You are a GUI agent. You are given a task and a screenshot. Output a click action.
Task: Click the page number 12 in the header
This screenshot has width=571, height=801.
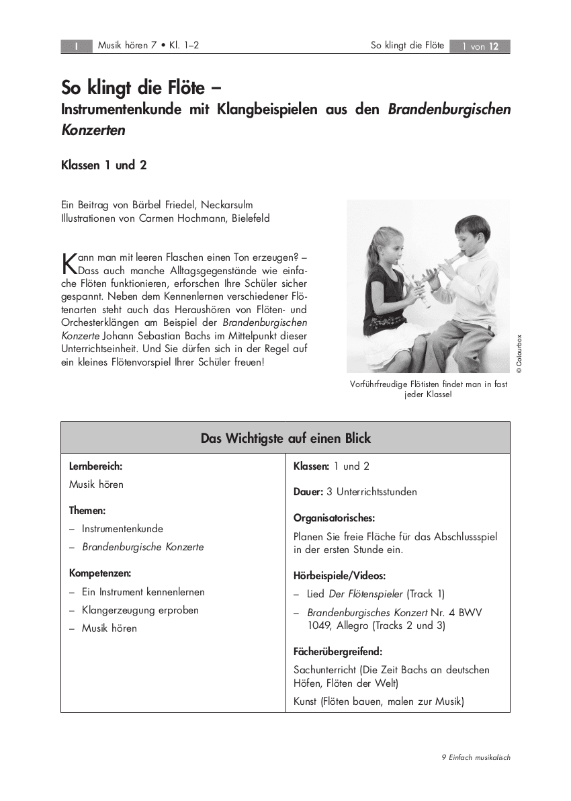pyautogui.click(x=494, y=46)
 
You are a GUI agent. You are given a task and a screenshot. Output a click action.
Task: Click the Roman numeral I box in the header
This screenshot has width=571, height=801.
pyautogui.click(x=77, y=46)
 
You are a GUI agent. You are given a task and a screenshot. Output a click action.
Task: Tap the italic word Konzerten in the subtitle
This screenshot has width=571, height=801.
pyautogui.click(x=93, y=130)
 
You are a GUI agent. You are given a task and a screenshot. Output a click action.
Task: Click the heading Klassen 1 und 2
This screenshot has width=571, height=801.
pyautogui.click(x=104, y=165)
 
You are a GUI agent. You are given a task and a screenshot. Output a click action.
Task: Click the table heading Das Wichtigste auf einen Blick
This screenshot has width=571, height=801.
pyautogui.click(x=285, y=438)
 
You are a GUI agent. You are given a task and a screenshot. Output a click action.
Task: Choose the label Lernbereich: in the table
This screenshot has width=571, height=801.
pyautogui.click(x=95, y=466)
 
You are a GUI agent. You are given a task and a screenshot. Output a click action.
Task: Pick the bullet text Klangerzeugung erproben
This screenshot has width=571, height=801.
pyautogui.click(x=140, y=610)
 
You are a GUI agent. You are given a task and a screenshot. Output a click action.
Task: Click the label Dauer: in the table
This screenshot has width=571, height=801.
pyautogui.click(x=308, y=492)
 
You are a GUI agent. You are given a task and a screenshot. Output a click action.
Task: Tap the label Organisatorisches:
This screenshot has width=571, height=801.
pyautogui.click(x=334, y=518)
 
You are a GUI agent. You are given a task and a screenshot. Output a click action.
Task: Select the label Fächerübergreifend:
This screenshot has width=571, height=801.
pyautogui.click(x=338, y=651)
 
